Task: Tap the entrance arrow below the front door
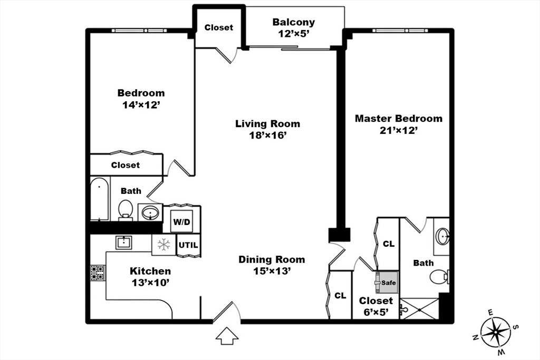coord(227,335)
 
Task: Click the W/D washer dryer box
coord(181,222)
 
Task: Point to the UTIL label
coord(188,245)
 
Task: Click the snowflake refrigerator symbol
coord(163,245)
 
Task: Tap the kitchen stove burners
coord(98,272)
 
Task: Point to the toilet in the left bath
coord(126,209)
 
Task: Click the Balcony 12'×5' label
coord(293,27)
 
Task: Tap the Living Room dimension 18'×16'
coord(268,135)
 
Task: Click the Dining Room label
coord(272,259)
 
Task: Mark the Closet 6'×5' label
coord(376,306)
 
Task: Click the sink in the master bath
coord(443,236)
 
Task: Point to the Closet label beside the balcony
coord(218,27)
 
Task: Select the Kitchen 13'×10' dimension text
coord(150,282)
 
